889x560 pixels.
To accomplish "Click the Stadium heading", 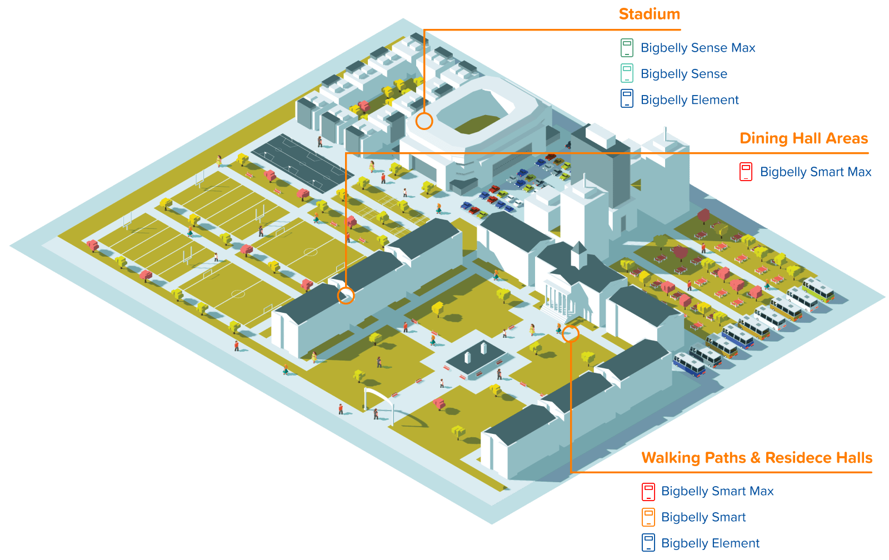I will pos(649,14).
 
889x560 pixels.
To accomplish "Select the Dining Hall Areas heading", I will pos(803,138).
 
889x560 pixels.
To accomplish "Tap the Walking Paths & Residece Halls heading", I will pos(757,458).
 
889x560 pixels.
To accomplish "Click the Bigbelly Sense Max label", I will pos(698,48).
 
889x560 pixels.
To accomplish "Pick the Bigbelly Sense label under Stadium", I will pos(683,74).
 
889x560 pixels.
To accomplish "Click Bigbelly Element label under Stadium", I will pos(690,100).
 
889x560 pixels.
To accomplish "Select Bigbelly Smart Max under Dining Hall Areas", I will pos(815,172).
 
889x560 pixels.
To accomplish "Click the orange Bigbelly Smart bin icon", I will pos(648,517).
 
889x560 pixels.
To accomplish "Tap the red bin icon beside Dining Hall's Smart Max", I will pos(746,172).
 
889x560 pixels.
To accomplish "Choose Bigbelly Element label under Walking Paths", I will pos(710,543).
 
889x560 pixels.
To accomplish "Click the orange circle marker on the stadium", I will pos(424,121).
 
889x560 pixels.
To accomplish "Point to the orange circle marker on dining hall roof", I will pos(346,296).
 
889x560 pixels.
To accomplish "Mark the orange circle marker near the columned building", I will pos(570,334).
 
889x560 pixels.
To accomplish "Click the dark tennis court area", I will pos(300,162).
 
